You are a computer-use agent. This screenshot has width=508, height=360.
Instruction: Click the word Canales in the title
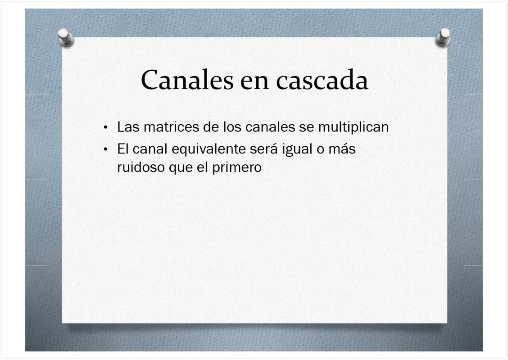187,79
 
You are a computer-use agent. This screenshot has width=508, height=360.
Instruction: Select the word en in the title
254,82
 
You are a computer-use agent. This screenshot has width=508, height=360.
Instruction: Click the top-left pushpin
66,38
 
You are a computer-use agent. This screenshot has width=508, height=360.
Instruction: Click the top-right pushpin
443,37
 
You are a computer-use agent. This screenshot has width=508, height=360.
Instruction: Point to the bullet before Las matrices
105,127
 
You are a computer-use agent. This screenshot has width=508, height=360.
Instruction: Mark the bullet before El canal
105,149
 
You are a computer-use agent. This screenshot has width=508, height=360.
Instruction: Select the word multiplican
354,127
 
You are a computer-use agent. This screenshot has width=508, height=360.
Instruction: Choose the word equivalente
209,149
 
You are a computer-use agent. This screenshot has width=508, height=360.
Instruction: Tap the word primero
237,168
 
